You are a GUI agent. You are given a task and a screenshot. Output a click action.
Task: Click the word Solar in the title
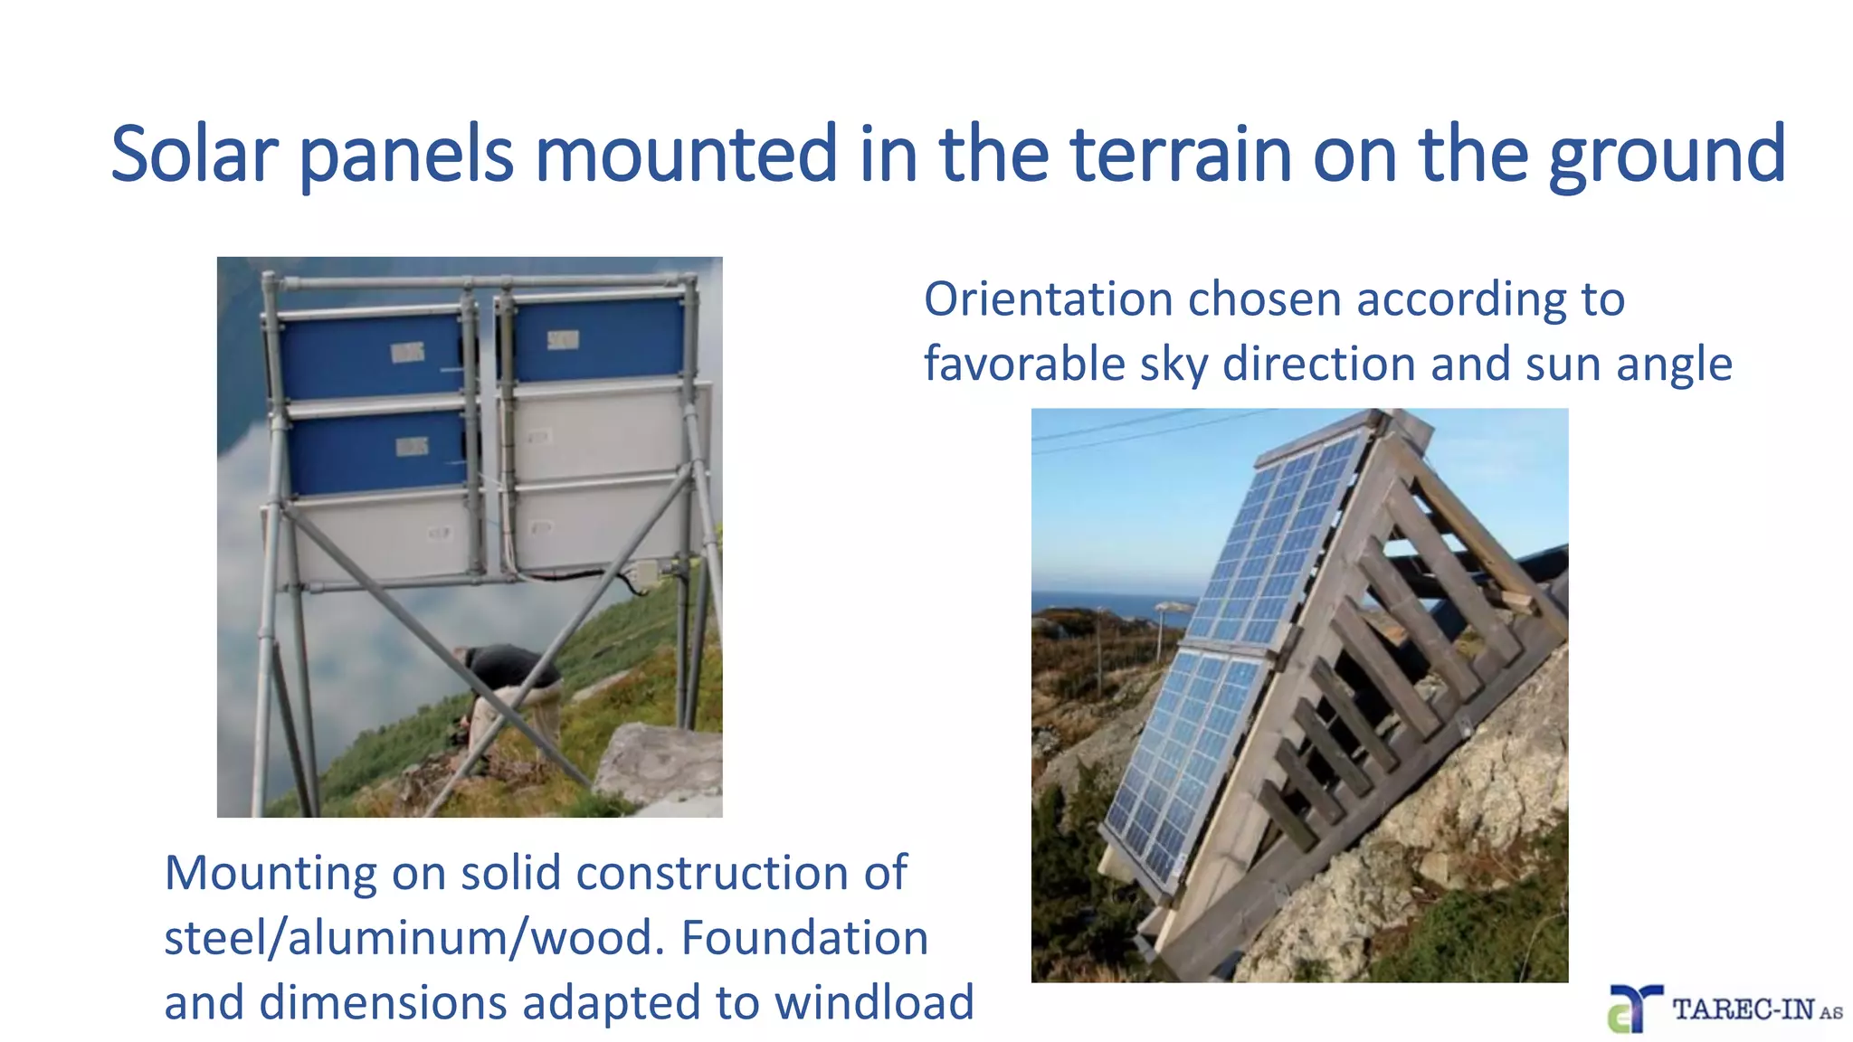coord(193,155)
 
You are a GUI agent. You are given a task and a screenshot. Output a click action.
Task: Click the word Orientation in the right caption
coord(1048,299)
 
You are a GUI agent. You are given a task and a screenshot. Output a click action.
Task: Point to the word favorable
coord(1022,364)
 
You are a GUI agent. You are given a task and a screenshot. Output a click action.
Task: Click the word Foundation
coord(804,938)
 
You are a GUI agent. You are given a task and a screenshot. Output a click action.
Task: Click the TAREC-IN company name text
coord(1744,1009)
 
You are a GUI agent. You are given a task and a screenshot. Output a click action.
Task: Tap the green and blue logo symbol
coord(1633,1009)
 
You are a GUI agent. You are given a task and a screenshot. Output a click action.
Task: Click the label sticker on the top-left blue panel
coord(407,353)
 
